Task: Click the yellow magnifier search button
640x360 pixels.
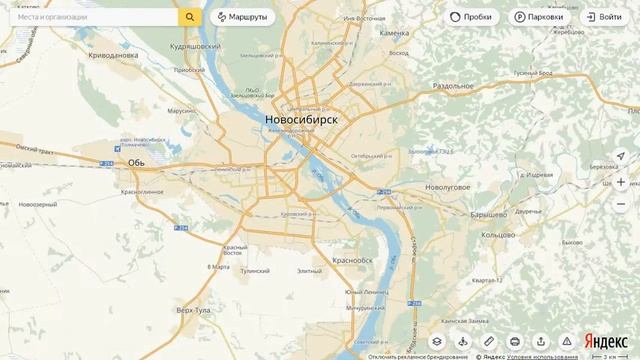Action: (x=190, y=17)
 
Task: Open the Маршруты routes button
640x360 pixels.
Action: (x=240, y=17)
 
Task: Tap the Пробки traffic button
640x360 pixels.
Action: (x=470, y=17)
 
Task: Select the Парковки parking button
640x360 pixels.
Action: (x=538, y=17)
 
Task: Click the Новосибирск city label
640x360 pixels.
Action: (x=301, y=120)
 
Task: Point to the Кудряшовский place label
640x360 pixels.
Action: (x=195, y=46)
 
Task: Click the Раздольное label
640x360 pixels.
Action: (x=452, y=86)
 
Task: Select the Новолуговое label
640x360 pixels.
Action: (x=447, y=187)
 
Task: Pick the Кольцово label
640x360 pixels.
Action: (x=497, y=235)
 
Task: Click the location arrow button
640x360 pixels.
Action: (x=621, y=157)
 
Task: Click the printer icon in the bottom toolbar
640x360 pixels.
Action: (x=514, y=341)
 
